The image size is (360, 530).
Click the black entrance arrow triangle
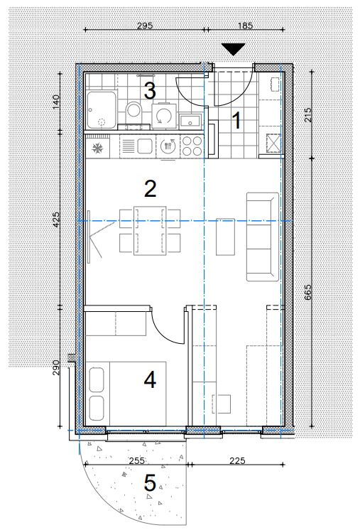tap(234, 49)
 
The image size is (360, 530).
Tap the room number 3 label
tap(150, 91)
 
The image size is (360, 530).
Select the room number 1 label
tap(237, 121)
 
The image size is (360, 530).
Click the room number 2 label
tap(150, 189)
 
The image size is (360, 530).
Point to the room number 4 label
tap(150, 379)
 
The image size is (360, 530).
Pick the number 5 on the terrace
tap(150, 482)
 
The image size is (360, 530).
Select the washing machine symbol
tap(164, 116)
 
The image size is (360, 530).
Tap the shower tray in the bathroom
tap(102, 109)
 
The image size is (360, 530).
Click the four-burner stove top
tap(192, 146)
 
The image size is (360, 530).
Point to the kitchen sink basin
tap(144, 146)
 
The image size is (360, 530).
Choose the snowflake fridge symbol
tap(97, 147)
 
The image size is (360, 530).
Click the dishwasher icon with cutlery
tap(168, 146)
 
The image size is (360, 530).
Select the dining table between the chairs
tap(150, 230)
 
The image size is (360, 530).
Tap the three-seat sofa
tap(263, 237)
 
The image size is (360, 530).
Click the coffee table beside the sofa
tap(225, 237)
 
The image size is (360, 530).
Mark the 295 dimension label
tap(145, 26)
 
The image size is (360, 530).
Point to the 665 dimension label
tap(307, 292)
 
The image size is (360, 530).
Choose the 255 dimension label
tap(137, 460)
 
